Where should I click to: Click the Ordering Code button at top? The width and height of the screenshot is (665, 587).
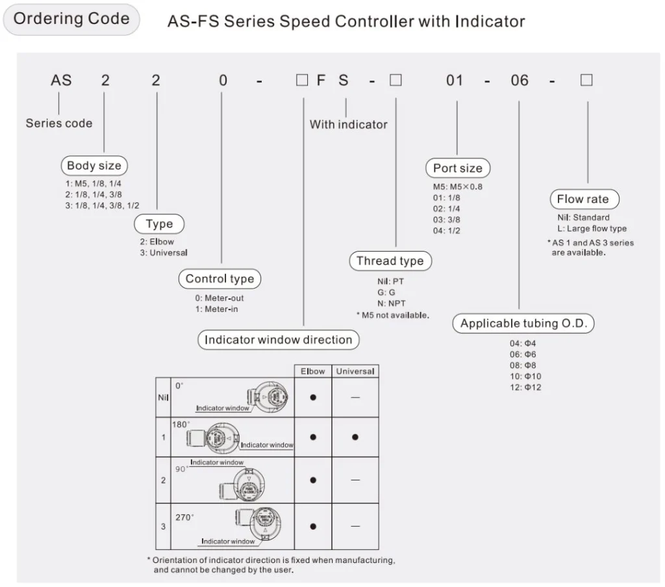(x=71, y=19)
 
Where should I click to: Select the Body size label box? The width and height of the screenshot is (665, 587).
(x=94, y=166)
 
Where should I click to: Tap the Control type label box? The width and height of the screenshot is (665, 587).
(x=220, y=279)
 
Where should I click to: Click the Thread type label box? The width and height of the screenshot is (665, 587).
(x=390, y=261)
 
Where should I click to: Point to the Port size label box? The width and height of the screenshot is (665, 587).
(x=458, y=168)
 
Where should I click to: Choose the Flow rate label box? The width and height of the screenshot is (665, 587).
(x=583, y=200)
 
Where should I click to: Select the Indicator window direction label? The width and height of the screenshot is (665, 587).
(x=278, y=339)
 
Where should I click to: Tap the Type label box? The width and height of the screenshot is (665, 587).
(x=159, y=224)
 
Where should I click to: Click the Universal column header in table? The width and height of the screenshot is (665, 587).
(x=355, y=371)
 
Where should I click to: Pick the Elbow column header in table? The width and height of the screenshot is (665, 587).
(x=312, y=371)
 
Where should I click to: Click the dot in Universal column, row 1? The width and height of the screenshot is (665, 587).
(x=355, y=437)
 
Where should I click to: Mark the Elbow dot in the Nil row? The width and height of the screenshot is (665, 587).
(x=312, y=397)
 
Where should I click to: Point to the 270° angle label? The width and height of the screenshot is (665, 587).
(x=185, y=518)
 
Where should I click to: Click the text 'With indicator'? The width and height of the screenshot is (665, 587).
(x=348, y=124)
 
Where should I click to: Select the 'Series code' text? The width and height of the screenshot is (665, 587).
(x=59, y=123)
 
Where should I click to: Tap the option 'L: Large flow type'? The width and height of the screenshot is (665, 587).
(x=588, y=228)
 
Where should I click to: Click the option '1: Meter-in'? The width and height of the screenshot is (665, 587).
(x=217, y=309)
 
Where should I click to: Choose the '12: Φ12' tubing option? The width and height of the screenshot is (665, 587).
(x=525, y=387)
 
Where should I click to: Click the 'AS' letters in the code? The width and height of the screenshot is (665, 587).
(x=61, y=81)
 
